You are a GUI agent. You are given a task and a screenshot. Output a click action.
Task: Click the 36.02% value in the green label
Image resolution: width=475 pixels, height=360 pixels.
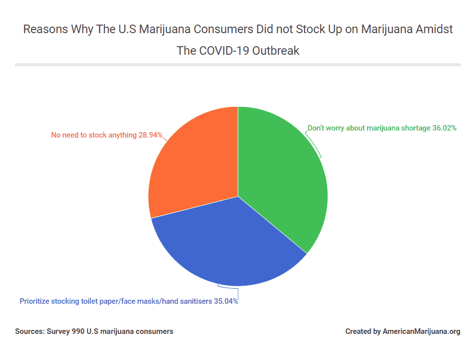coord(444,128)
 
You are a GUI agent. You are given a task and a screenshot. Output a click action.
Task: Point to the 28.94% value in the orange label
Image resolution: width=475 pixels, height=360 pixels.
coord(150,135)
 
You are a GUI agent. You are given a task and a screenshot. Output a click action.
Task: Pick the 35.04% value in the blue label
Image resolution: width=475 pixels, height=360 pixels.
coord(225,302)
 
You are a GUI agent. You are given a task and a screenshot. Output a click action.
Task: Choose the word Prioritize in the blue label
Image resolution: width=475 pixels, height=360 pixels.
coord(36,302)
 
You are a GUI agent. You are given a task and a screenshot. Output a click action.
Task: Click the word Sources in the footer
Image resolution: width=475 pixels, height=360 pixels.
coord(29,331)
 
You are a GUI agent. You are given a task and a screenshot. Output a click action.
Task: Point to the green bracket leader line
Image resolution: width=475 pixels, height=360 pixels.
coord(316,146)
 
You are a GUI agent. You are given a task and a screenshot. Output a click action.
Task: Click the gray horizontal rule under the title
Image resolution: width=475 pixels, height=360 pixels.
coord(238,65)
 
